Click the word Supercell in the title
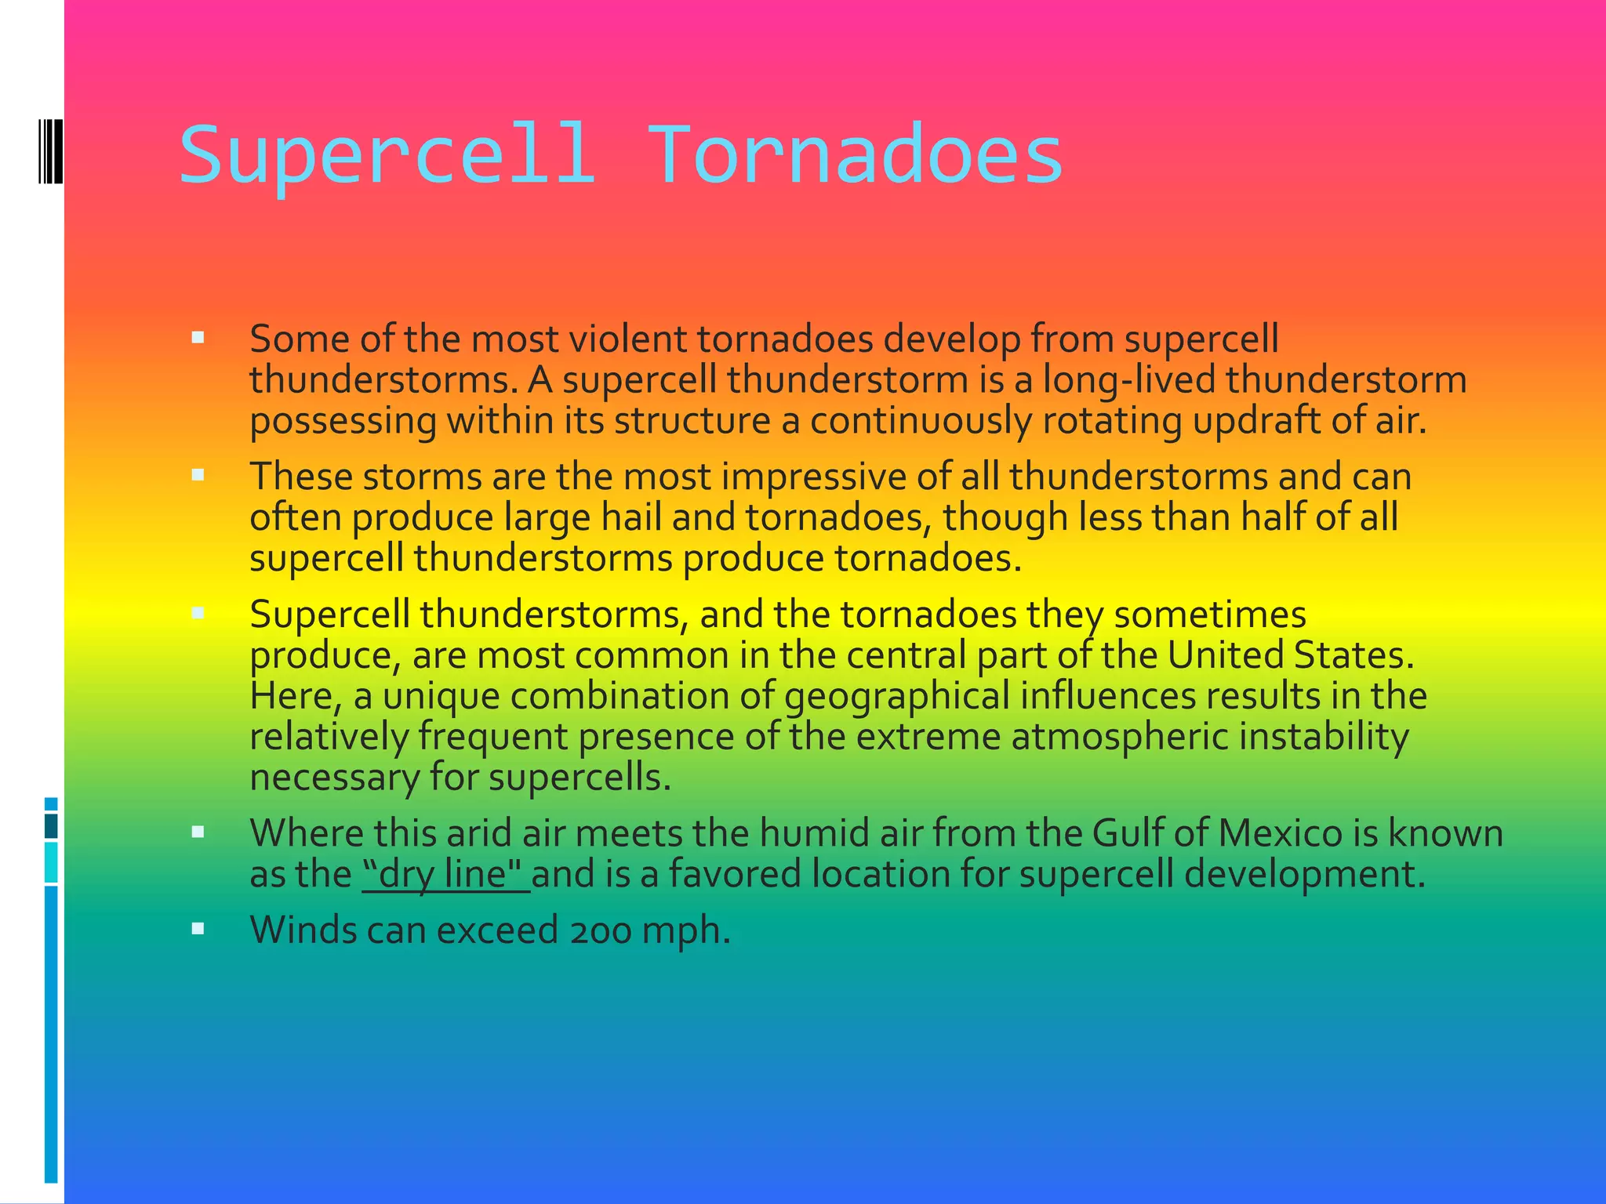pyautogui.click(x=387, y=154)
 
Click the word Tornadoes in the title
pyautogui.click(x=855, y=154)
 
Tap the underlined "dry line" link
pyautogui.click(x=445, y=873)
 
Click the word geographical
pyautogui.click(x=896, y=696)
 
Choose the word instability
pyautogui.click(x=1324, y=737)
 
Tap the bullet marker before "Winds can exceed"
pyautogui.click(x=198, y=929)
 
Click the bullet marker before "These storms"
pyautogui.click(x=198, y=475)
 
